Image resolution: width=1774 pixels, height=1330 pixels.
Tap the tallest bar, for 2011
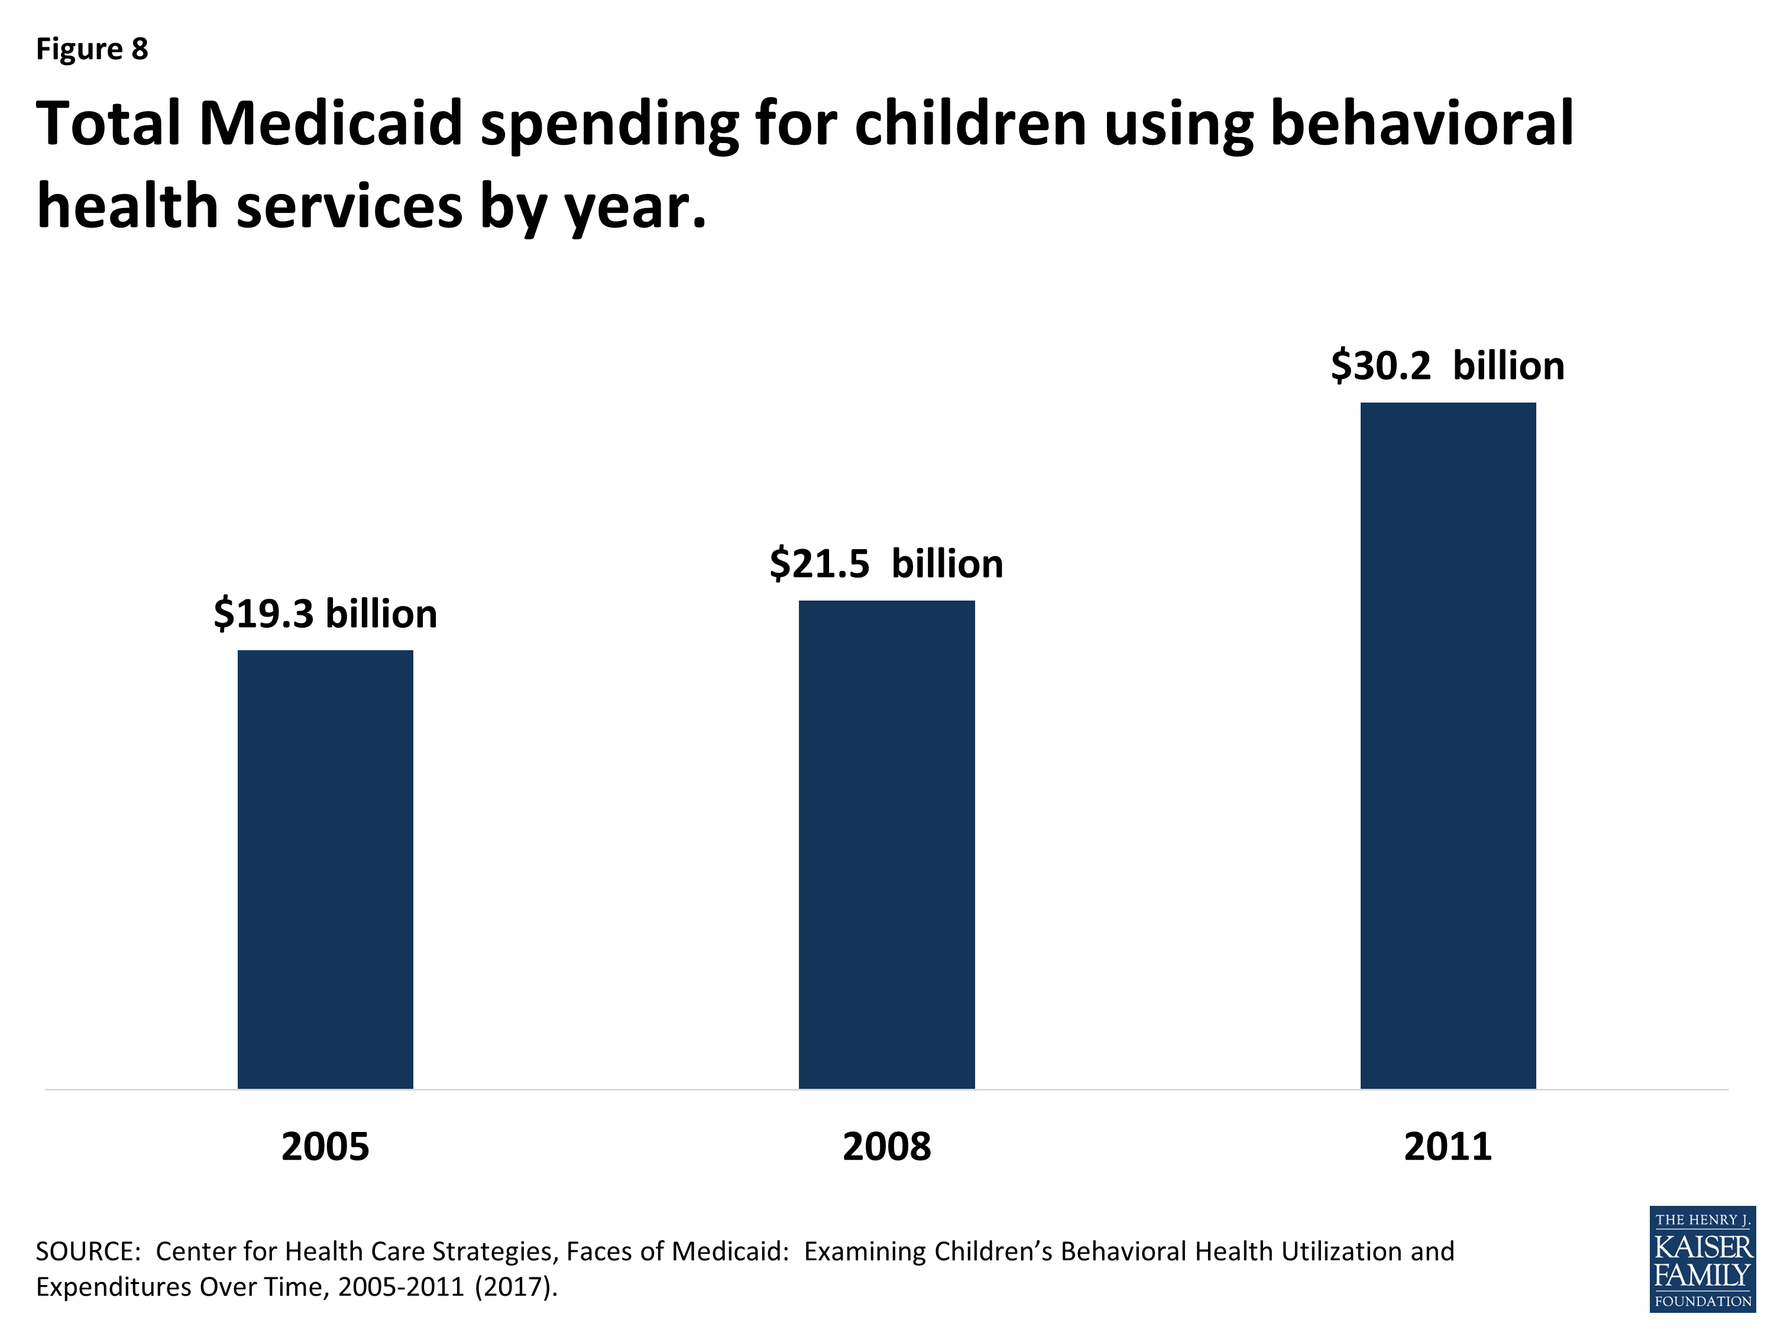(1448, 745)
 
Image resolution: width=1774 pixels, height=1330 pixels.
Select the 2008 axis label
(886, 1146)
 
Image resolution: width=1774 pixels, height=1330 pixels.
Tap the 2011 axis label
(1448, 1146)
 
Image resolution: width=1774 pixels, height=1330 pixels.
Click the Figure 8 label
(92, 49)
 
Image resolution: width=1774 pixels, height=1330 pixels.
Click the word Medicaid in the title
(331, 124)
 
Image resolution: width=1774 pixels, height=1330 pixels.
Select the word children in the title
(970, 124)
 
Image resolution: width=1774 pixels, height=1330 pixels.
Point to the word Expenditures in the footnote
(113, 1287)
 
